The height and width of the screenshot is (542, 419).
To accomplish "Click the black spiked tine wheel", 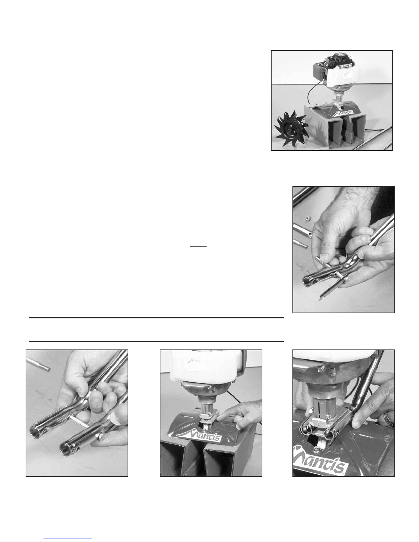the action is click(291, 129).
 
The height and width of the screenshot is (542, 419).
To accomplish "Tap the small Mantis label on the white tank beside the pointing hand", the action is click(194, 361).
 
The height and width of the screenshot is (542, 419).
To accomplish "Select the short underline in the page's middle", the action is click(198, 246).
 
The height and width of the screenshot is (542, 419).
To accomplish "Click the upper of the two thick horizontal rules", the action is click(156, 318).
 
